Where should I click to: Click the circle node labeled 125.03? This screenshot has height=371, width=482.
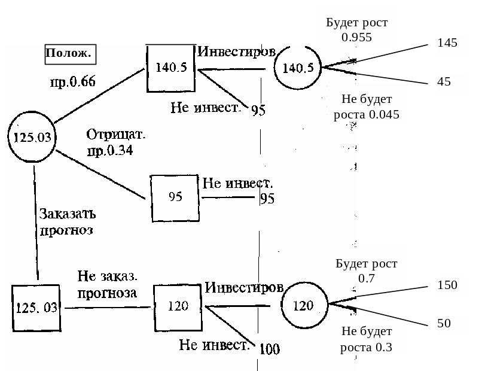click(32, 138)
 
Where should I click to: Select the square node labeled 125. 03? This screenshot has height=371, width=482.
click(36, 308)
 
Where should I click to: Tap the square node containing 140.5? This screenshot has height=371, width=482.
click(172, 68)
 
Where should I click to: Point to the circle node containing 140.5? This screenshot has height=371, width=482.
click(298, 68)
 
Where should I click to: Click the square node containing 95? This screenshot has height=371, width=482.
click(175, 197)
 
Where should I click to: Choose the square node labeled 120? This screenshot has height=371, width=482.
click(178, 306)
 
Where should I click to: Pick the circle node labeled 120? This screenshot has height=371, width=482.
click(304, 306)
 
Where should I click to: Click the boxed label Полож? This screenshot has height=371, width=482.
click(70, 54)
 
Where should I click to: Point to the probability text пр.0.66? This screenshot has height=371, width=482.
click(72, 82)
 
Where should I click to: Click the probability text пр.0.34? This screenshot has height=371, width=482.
click(110, 151)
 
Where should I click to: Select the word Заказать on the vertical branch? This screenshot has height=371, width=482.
click(67, 213)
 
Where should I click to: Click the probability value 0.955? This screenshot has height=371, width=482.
click(356, 37)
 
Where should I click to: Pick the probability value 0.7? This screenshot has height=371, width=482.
click(366, 278)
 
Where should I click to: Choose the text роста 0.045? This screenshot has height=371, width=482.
click(367, 114)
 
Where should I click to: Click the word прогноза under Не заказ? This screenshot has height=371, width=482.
click(107, 293)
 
